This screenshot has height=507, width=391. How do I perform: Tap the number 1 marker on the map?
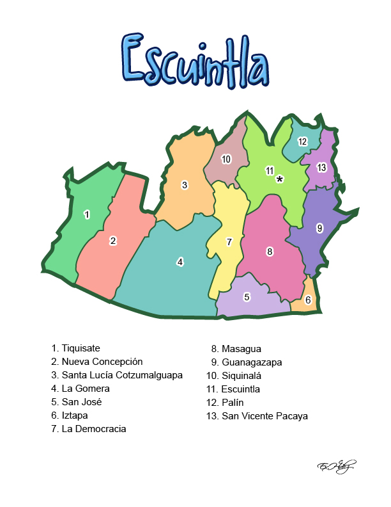87,214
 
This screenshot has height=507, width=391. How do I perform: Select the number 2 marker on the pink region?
113,241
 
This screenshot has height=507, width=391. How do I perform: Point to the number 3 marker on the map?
185,185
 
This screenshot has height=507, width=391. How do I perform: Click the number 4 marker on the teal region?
180,261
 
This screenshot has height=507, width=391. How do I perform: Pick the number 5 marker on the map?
247,297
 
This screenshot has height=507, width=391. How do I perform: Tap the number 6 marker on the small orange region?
308,300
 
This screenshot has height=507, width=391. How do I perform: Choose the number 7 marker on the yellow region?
229,241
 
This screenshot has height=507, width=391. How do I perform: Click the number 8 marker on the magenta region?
270,252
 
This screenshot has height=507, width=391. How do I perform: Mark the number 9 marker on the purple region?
319,227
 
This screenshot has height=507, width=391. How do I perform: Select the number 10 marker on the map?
226,159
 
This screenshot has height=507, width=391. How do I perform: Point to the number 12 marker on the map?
302,141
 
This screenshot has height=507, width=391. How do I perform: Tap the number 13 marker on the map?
321,168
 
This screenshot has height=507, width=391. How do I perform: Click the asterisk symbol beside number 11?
280,179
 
